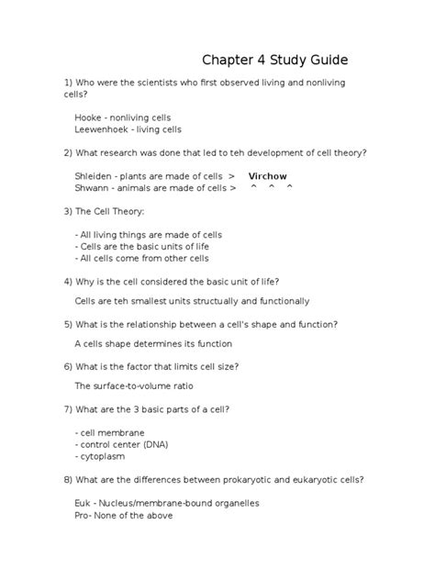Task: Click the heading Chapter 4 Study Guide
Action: pyautogui.click(x=275, y=61)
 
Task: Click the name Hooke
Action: pyautogui.click(x=88, y=117)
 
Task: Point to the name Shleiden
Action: pyautogui.click(x=95, y=175)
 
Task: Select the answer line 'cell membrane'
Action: pyautogui.click(x=109, y=432)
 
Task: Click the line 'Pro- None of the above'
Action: pyautogui.click(x=123, y=515)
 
